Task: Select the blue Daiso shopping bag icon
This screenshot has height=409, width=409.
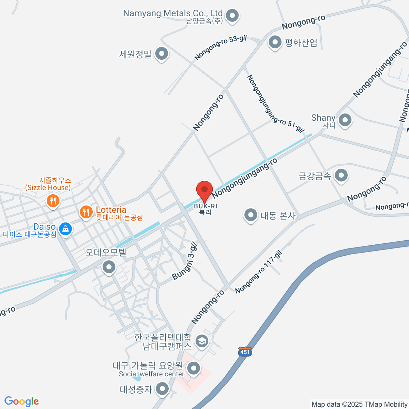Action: click(65, 229)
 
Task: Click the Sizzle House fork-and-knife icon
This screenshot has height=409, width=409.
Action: click(52, 201)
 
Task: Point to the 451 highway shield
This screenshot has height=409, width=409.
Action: click(245, 352)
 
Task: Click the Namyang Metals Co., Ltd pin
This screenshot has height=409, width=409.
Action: click(233, 16)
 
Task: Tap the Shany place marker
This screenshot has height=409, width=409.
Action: click(345, 120)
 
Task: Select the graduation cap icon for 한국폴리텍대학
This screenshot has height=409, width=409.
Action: click(202, 341)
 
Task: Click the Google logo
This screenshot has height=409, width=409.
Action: click(21, 401)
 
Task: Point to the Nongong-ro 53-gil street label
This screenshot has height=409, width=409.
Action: click(221, 48)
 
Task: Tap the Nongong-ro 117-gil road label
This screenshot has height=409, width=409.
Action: click(259, 272)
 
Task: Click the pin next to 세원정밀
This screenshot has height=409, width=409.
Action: click(162, 54)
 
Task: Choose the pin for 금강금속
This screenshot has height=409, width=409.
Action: click(341, 176)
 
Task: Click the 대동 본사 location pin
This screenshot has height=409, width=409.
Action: click(251, 215)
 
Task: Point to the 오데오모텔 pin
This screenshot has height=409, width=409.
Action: click(109, 267)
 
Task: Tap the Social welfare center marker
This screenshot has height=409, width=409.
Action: click(194, 368)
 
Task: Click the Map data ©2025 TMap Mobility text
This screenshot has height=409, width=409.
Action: click(360, 404)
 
